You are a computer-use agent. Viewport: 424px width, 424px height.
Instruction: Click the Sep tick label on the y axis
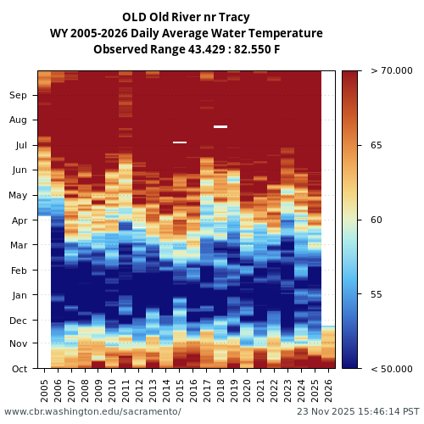tap(18, 96)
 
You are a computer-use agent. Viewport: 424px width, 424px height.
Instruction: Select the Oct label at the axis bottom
tap(18, 369)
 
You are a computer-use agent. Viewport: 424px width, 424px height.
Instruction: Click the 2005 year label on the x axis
tap(45, 389)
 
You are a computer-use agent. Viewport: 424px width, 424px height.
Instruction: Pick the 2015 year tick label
tap(180, 389)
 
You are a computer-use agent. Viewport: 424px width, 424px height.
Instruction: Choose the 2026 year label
tap(328, 389)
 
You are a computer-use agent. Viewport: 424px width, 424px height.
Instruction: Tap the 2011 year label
tap(126, 389)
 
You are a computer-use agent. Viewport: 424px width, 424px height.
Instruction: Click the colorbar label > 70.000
tap(391, 70)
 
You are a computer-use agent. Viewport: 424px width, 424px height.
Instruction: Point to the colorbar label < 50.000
tap(391, 369)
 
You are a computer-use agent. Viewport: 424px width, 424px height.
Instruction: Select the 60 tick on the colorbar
tap(377, 220)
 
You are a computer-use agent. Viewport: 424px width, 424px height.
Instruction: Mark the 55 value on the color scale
tap(377, 294)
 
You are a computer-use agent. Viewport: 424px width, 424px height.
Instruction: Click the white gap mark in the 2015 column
tap(180, 142)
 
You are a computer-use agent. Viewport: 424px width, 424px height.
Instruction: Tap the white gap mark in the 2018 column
tap(220, 126)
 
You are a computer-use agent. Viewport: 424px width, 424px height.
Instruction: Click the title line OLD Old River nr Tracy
tap(186, 17)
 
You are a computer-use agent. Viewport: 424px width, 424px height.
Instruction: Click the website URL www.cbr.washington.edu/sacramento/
tap(92, 411)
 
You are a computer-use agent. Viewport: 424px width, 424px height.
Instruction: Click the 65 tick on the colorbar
tap(377, 145)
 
